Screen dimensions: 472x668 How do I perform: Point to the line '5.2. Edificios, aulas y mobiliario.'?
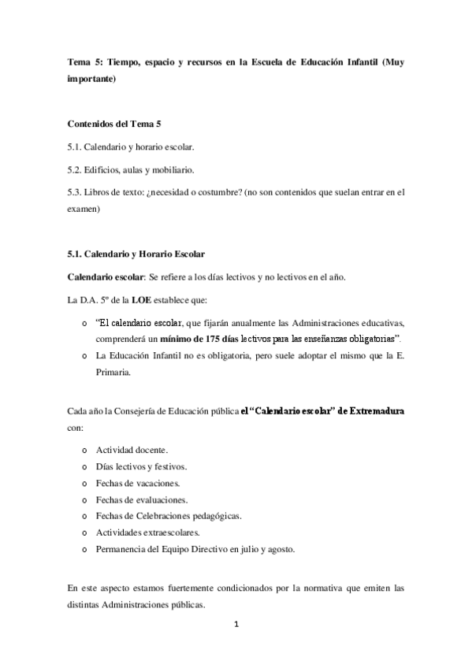[130, 169]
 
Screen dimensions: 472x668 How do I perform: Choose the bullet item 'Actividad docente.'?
[132, 450]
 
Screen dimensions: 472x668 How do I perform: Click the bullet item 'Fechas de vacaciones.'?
[138, 483]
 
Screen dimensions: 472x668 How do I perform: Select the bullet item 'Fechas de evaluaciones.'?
[141, 499]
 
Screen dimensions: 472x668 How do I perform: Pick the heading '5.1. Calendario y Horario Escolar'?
[136, 254]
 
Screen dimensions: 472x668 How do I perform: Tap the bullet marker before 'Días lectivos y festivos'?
[84, 466]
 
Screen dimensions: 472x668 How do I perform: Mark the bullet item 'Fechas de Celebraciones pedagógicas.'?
[169, 516]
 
